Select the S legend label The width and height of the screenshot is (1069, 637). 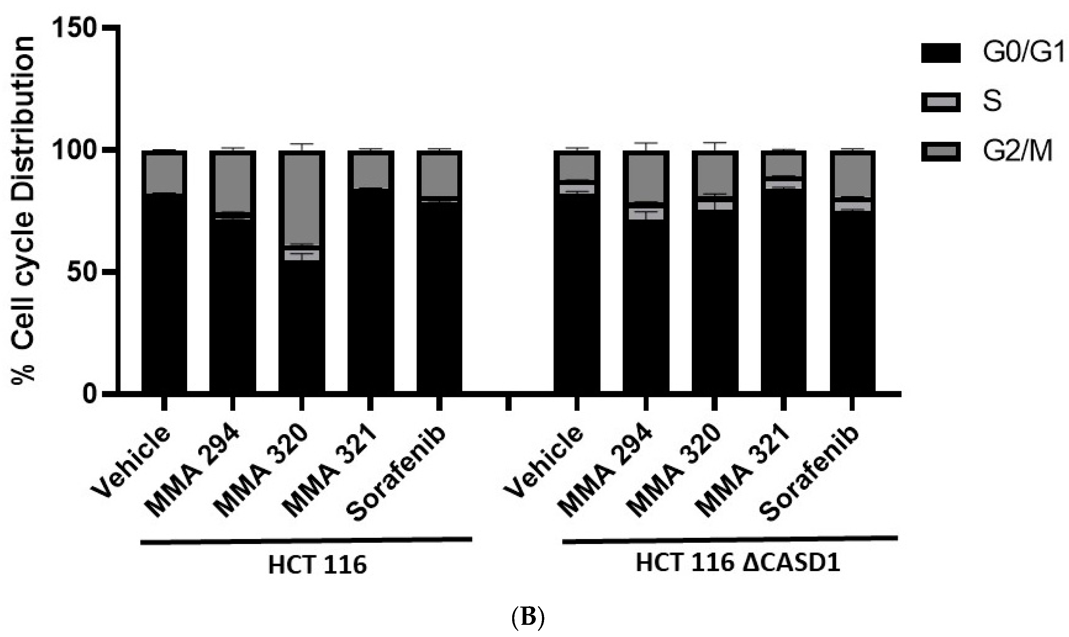point(992,101)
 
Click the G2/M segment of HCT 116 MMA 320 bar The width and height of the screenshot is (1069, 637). point(301,199)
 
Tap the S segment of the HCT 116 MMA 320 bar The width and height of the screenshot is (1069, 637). point(301,255)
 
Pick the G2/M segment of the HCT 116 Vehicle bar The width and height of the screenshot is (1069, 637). point(164,174)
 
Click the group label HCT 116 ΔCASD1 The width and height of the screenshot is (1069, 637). point(737,563)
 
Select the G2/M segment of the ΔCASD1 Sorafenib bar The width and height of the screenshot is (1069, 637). point(852,176)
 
